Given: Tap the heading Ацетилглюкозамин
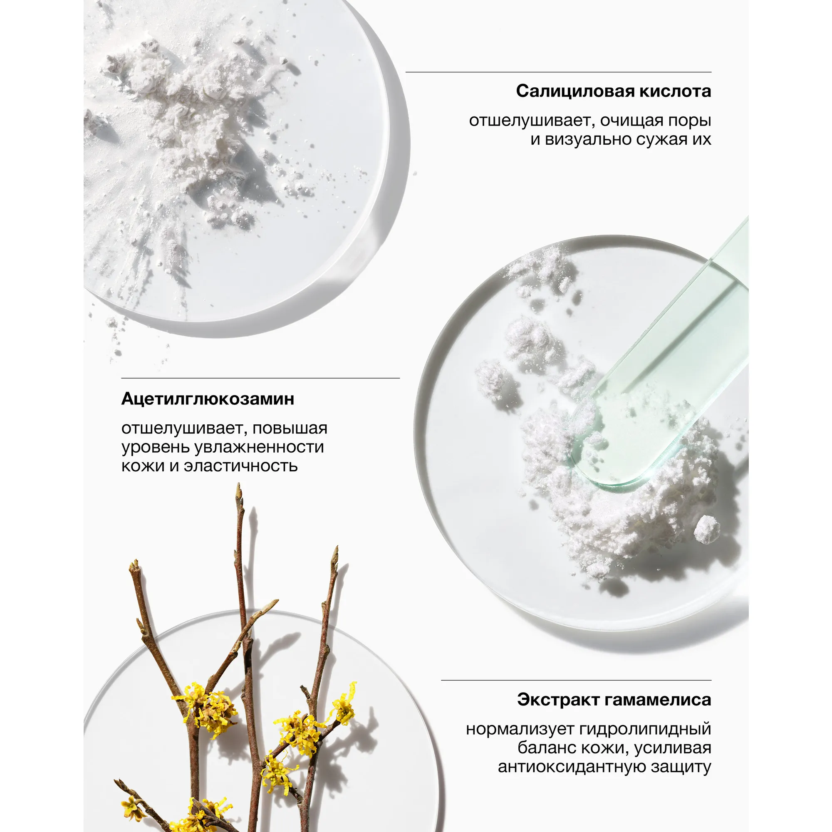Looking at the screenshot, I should [x=208, y=399].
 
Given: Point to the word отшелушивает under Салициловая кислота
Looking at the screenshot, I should [x=531, y=121].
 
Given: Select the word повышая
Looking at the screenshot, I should [x=290, y=428].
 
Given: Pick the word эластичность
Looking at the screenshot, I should [x=241, y=466].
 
